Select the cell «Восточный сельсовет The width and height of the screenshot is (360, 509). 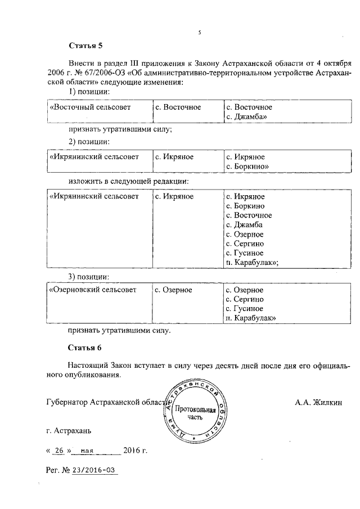(x=90, y=107)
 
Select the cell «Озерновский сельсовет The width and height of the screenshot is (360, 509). (x=93, y=290)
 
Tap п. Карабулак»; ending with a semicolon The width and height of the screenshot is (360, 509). (x=252, y=262)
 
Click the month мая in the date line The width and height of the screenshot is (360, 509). (x=87, y=451)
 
